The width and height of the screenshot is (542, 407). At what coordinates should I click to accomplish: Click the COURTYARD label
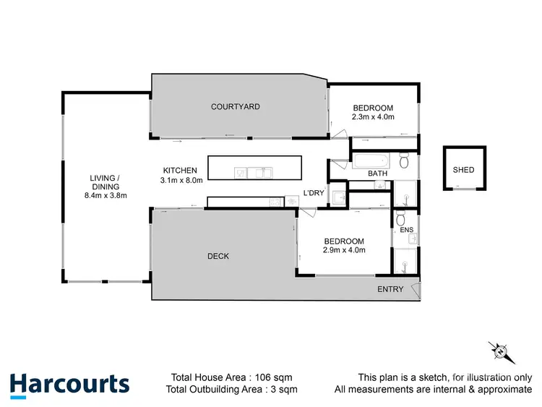236,107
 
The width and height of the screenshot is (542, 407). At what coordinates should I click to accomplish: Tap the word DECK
218,256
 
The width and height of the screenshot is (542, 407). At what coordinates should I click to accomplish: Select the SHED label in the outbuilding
463,170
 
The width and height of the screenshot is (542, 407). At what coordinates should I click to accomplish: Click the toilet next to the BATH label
405,158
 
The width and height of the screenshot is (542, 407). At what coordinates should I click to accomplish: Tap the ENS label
406,231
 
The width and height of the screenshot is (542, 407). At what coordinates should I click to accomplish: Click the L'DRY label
313,192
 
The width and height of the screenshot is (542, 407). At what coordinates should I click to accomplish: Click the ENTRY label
390,290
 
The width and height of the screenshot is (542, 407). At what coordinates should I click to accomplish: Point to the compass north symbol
499,351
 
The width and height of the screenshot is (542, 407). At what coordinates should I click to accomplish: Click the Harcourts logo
69,384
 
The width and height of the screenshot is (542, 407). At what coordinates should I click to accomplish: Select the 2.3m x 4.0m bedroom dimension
372,117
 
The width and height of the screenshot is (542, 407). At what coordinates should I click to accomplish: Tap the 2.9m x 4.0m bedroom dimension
344,250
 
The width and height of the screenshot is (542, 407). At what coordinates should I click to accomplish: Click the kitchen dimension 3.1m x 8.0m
181,180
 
